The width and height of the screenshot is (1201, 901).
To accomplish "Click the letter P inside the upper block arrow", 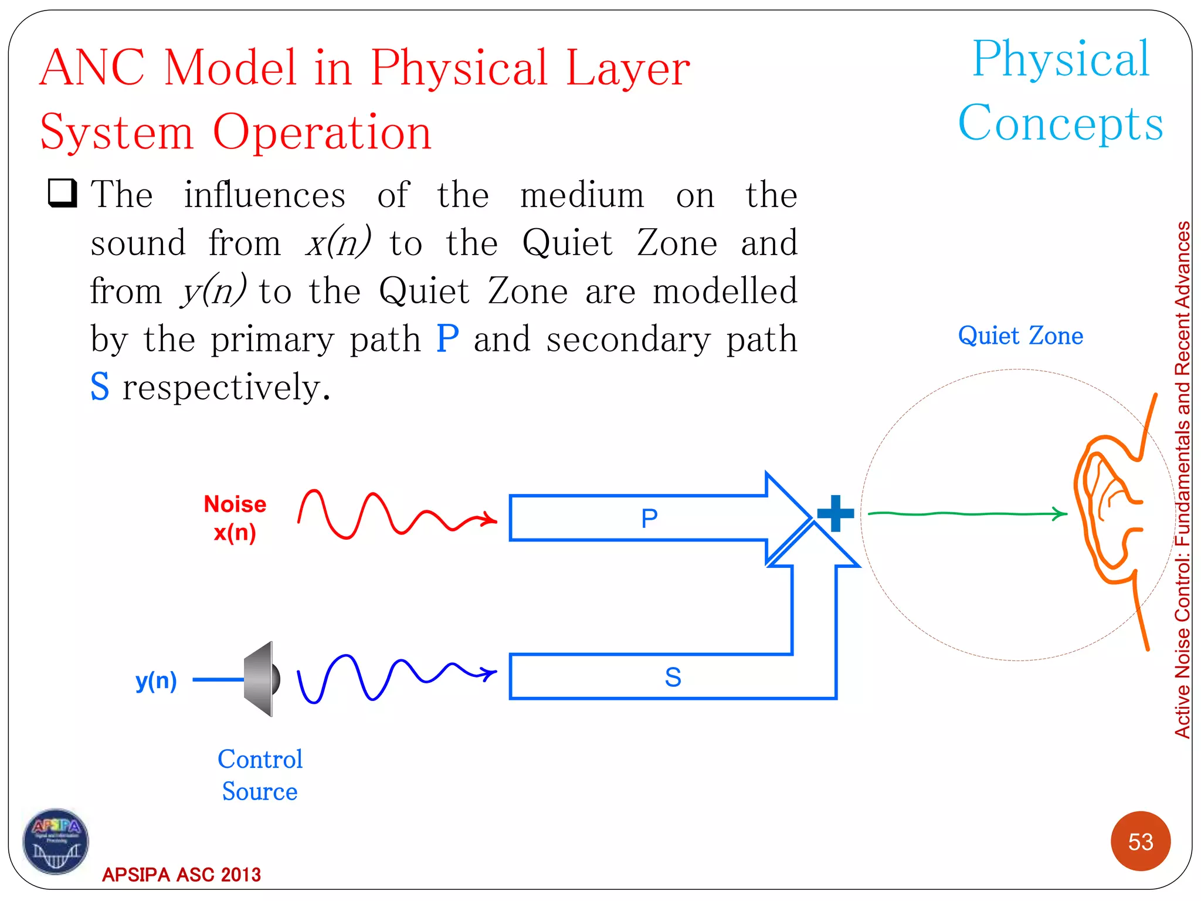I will coord(649,519).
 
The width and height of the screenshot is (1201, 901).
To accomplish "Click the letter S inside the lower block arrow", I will coord(673,678).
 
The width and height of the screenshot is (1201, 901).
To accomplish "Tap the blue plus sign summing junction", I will coord(835,513).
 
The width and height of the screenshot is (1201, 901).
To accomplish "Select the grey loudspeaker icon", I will coord(262,679).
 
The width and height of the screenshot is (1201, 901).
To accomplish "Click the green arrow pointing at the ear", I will coord(968,514).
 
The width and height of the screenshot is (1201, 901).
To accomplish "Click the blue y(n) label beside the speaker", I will coord(156,680).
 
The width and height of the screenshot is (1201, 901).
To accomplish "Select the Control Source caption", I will coord(260,775).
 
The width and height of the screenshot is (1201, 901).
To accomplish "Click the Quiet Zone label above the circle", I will coord(1020,336).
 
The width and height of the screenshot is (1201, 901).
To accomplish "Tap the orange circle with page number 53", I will coord(1140,841).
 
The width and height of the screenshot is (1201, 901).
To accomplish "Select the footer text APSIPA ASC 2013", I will coord(181,875).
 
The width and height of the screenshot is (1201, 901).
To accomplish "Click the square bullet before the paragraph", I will coord(62,194).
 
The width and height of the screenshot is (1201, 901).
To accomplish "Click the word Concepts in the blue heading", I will coord(1060,123).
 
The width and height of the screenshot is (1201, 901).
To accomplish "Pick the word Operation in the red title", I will coord(322,132).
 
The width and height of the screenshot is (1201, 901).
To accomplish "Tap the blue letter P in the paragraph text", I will coord(447,338).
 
